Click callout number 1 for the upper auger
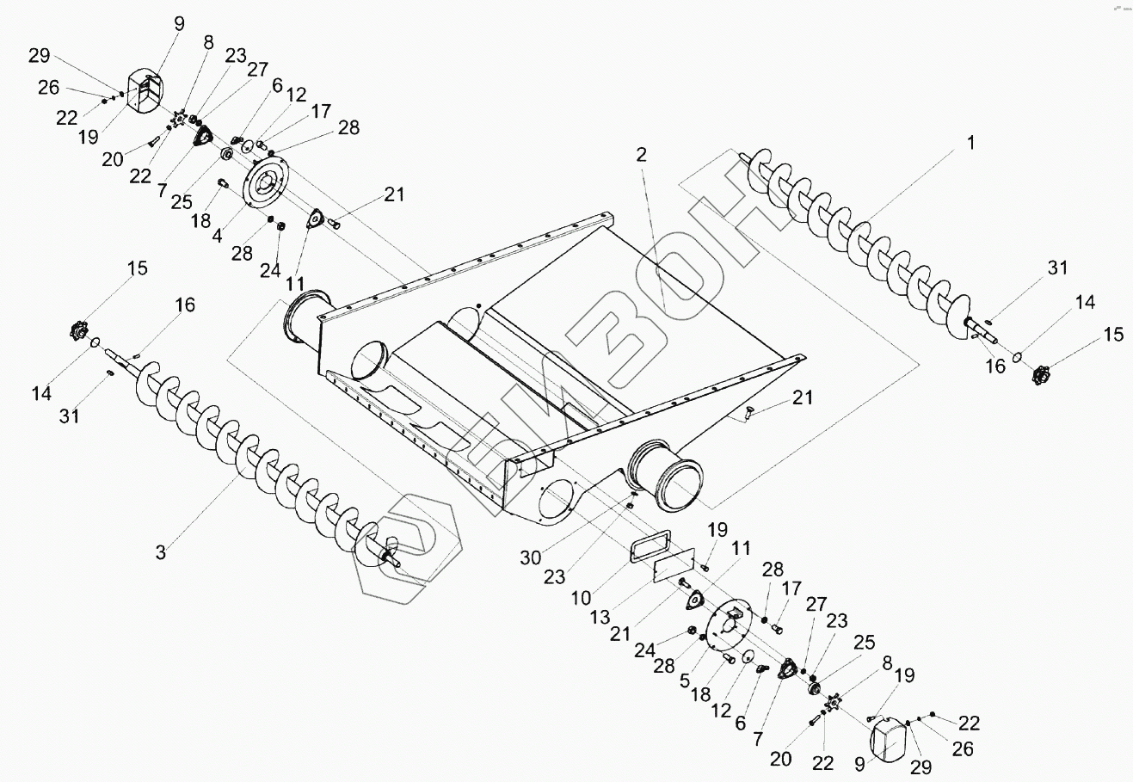coord(970,144)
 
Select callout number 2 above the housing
coord(641,155)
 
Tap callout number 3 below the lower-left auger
coord(161,551)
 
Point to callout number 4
coord(218,235)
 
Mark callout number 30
coord(531,558)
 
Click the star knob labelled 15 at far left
coord(79,329)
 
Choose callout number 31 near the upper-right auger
coord(1057,268)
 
